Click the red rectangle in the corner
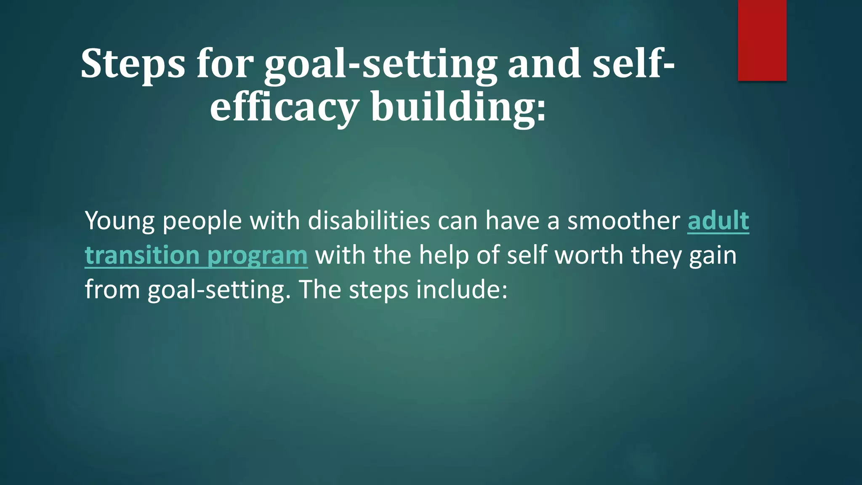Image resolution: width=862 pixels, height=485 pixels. tap(762, 40)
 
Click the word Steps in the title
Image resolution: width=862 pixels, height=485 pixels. tap(133, 64)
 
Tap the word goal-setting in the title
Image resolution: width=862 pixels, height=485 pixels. tap(380, 64)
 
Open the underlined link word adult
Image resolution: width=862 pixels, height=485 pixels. tap(718, 221)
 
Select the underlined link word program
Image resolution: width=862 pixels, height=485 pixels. tap(257, 256)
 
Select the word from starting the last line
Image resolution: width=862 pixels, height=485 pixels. tap(112, 290)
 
